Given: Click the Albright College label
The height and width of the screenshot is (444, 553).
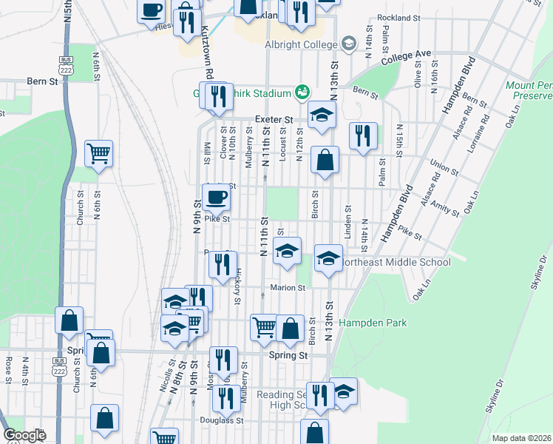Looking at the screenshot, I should [300, 44].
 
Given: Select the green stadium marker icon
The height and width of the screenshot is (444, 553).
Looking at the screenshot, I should [301, 92].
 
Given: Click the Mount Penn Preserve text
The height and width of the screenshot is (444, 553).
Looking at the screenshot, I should [529, 90].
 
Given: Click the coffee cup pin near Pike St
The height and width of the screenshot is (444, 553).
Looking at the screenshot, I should [216, 198].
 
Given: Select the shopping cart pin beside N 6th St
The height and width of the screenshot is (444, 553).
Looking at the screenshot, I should [98, 154].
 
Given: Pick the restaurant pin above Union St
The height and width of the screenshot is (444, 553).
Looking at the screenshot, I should [362, 136].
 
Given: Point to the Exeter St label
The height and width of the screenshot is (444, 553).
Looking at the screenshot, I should [274, 119].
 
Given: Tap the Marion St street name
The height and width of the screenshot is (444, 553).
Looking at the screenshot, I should [288, 288].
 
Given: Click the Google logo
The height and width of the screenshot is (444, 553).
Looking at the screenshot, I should [25, 435].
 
